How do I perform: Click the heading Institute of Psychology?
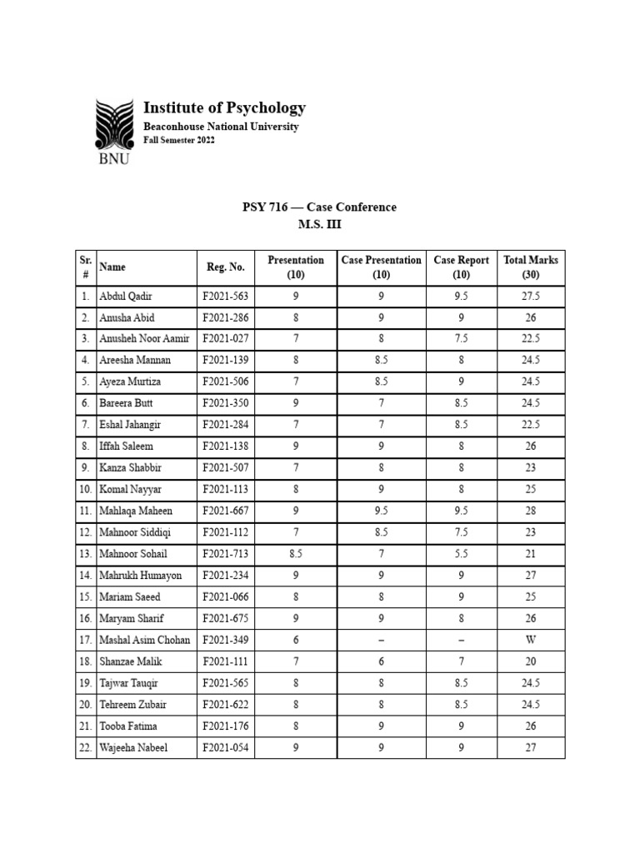224,107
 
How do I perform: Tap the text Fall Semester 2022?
179,140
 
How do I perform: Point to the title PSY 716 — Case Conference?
320,207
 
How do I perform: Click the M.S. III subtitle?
320,224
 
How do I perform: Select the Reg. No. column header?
225,267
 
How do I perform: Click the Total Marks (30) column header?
531,267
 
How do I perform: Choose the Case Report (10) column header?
461,267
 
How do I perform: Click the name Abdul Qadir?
125,296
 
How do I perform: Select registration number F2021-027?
225,339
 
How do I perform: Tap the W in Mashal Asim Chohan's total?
531,640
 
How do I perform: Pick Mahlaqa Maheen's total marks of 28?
531,511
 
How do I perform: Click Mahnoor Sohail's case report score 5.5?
461,554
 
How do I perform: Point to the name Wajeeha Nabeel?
133,747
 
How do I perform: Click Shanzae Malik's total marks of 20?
531,661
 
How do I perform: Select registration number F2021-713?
225,554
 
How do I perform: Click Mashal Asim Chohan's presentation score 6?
295,640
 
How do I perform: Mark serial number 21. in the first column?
85,726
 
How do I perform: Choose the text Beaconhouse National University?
221,127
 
